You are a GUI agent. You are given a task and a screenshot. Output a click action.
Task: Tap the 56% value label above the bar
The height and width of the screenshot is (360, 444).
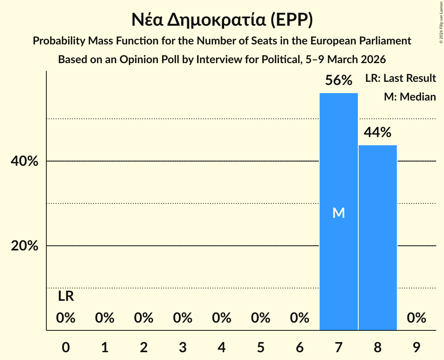click(339, 81)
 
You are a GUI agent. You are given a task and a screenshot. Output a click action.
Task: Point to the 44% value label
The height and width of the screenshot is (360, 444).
click(377, 133)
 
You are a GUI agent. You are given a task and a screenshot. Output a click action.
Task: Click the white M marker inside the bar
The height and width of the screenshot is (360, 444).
click(338, 213)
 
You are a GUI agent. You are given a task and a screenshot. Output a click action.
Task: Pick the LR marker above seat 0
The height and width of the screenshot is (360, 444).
click(66, 296)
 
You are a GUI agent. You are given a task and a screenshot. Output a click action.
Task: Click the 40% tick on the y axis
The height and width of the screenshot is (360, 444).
click(25, 161)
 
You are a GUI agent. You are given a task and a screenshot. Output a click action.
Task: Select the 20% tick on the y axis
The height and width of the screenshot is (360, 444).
click(25, 246)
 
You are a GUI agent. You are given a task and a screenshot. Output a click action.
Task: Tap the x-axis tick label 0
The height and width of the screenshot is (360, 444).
click(66, 347)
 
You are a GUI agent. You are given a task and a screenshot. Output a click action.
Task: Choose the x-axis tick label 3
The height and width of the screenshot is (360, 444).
click(183, 347)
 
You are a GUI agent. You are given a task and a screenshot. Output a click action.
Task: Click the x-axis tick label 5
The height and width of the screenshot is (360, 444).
click(261, 347)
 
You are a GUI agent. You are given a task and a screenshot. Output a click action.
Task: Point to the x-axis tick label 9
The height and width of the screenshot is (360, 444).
click(416, 347)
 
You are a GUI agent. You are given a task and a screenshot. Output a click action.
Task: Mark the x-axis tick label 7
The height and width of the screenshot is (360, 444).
click(338, 347)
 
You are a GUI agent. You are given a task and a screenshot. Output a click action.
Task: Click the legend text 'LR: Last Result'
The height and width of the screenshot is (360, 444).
click(400, 78)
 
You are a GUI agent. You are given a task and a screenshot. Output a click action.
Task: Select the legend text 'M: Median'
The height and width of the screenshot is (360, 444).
click(410, 97)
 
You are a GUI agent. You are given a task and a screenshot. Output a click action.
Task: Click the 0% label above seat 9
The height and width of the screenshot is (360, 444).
click(416, 318)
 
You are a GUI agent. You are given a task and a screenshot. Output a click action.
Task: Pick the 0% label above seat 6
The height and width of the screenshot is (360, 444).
click(299, 318)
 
